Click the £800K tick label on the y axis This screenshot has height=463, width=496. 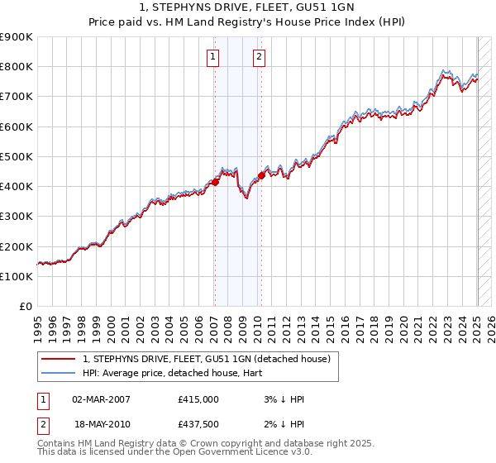(x=16, y=66)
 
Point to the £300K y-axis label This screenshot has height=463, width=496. (x=16, y=217)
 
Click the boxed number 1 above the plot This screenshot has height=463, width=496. (x=213, y=57)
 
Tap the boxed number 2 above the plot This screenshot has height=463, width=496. (x=259, y=57)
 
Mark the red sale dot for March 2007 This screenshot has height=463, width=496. (x=215, y=182)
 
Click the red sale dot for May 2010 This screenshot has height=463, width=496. (x=261, y=175)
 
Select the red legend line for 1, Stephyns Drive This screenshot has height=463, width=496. (x=60, y=359)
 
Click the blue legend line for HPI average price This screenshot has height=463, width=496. (x=60, y=373)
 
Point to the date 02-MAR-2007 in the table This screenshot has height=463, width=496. (x=102, y=399)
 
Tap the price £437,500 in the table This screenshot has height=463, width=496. (x=198, y=423)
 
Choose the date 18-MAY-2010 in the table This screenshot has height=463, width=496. (x=102, y=423)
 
